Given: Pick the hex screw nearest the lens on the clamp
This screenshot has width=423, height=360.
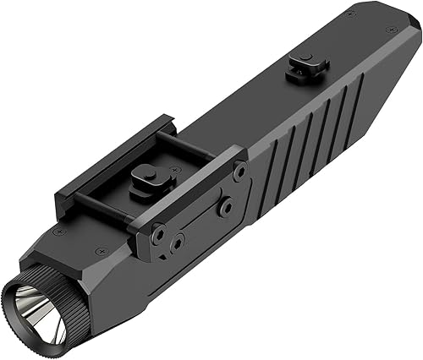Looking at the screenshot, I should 158,231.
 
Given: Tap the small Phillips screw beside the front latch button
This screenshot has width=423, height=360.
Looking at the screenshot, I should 173,171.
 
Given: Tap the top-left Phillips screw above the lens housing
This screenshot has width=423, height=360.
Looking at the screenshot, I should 58,231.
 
